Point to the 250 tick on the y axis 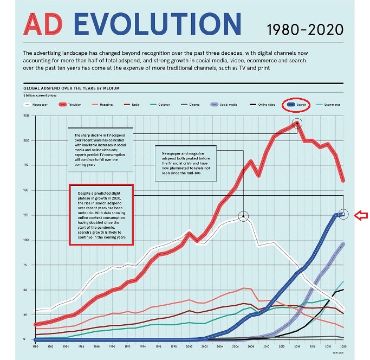25,116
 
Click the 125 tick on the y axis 25,215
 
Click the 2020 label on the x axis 343,345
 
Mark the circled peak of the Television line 297,124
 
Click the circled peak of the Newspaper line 243,216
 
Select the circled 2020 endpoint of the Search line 342,214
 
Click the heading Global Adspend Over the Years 71,88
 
